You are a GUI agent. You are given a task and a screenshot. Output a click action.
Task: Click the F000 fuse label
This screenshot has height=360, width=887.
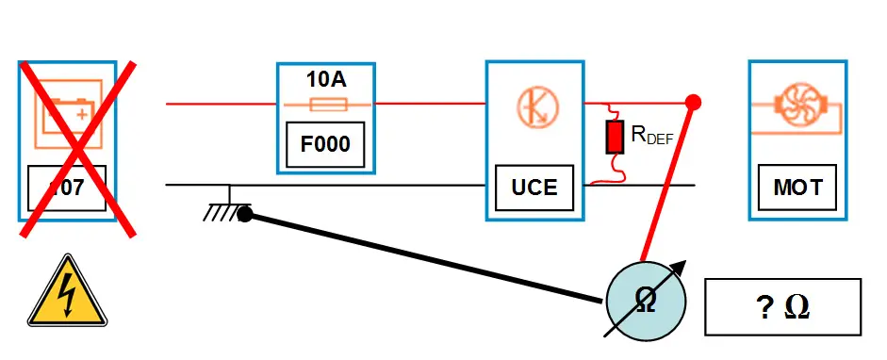coord(325,145)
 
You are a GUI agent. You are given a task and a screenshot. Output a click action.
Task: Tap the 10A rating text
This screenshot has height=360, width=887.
coord(325,79)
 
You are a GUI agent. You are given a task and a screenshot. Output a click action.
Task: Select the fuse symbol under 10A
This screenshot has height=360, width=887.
coord(325,103)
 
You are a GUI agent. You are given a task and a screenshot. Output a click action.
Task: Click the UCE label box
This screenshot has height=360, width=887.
coord(534,187)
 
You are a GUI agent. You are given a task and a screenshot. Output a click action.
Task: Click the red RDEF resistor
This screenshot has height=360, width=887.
coord(615,138)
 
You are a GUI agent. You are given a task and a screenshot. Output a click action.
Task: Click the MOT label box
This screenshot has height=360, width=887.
coord(797,187)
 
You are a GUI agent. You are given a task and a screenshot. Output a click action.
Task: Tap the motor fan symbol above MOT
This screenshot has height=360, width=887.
coord(797,103)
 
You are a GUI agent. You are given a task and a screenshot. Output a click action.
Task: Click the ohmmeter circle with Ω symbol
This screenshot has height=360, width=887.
coord(646,301)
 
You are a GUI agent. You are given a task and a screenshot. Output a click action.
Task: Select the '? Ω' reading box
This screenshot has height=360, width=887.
coord(782,307)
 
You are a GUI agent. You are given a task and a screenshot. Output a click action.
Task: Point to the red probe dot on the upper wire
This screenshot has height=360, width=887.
coord(693,102)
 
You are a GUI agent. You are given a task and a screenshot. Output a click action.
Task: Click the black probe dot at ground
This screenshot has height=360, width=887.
coord(244,215)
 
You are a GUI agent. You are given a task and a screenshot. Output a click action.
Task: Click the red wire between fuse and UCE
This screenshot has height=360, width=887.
coord(429,103)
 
